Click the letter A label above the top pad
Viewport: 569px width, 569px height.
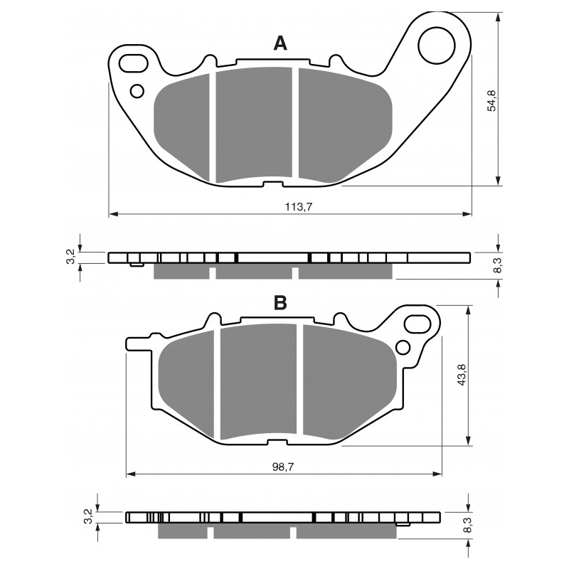[280, 43]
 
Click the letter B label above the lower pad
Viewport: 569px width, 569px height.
[280, 302]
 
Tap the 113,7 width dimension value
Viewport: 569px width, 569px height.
[299, 207]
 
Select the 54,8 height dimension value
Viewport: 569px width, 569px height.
[491, 100]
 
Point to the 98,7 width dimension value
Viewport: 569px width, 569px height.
[283, 467]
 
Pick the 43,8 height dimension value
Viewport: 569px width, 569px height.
[462, 375]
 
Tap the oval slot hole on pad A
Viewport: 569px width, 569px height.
[134, 63]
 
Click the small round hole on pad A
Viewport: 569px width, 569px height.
[137, 91]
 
